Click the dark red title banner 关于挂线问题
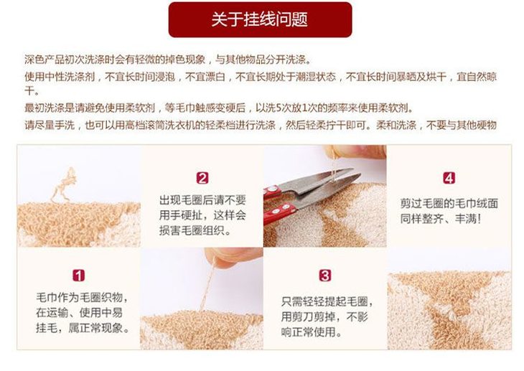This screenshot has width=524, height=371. pos(260,19)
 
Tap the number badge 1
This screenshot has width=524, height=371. pos(78,276)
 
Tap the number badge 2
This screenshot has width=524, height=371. pos(202,178)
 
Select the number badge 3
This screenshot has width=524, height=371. pos(325,276)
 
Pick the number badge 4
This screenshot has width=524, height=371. pos(449,178)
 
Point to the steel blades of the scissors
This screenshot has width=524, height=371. pos(321,187)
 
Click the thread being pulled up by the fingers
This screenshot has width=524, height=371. pos(208,287)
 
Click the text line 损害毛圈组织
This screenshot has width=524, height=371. pos(195,230)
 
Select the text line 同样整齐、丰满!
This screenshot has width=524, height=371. pos(441,219)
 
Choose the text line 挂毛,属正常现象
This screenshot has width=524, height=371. pos(83,328)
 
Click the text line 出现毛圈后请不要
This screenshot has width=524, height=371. pos(202,200)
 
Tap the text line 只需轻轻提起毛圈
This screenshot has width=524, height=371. pos(327,301)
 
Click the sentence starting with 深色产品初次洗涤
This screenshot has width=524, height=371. pos(168,60)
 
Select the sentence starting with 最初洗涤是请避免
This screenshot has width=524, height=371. pos(219,108)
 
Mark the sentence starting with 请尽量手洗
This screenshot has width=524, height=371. pos(261,126)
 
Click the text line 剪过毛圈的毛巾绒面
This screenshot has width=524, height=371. pos(449,203)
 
